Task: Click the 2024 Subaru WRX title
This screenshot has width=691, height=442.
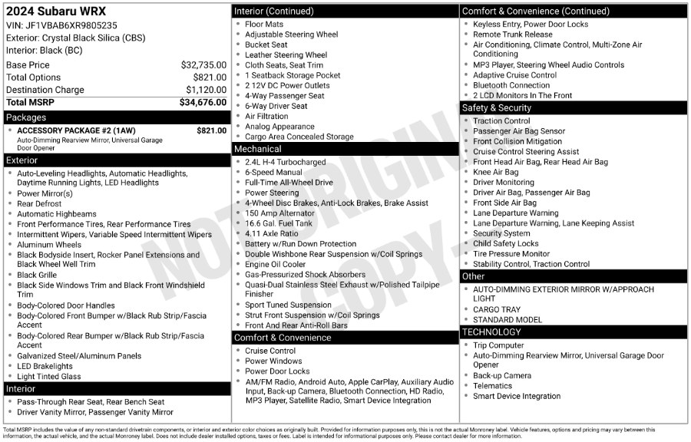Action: (x=56, y=12)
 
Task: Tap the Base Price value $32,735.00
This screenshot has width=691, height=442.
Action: (x=203, y=65)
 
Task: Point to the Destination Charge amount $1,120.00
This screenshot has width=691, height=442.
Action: (x=206, y=90)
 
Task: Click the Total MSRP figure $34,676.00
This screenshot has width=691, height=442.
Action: (x=203, y=102)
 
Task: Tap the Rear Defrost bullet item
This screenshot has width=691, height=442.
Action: (x=40, y=204)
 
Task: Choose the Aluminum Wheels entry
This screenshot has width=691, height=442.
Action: (x=48, y=245)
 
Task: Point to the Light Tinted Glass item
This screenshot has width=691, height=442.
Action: (x=48, y=376)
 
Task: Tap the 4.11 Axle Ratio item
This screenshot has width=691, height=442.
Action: (x=271, y=233)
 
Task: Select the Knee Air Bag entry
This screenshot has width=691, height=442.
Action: (x=495, y=173)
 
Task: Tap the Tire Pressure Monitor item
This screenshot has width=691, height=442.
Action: (x=511, y=254)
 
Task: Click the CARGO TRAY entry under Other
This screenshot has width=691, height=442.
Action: (x=495, y=310)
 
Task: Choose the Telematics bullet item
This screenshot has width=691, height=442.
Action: (x=492, y=386)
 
